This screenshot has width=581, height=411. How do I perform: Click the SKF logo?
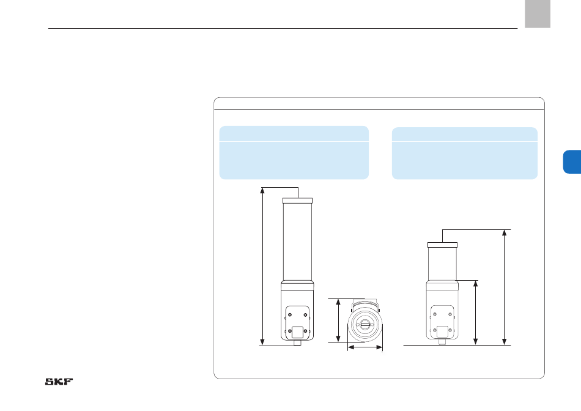coord(59,382)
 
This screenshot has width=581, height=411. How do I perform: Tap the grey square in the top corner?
coord(538,13)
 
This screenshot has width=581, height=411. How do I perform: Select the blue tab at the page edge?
coord(572,161)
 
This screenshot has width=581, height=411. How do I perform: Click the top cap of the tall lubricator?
coord(298,201)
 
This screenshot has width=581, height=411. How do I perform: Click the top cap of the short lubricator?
coord(442,245)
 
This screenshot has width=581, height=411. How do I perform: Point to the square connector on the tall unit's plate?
coord(297,332)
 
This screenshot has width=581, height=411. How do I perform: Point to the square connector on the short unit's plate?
coord(442,331)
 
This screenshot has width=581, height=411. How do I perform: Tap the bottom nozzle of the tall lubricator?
coord(297,343)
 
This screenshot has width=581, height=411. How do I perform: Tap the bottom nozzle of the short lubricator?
coord(442,342)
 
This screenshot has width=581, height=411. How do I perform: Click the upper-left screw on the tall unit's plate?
coord(290,315)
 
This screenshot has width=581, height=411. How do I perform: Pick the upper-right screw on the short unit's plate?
coord(450,314)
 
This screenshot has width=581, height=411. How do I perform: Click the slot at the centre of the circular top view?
coord(365,325)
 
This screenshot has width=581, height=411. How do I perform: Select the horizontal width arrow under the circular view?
coord(365,347)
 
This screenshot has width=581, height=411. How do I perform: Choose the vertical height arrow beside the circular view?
coord(338,320)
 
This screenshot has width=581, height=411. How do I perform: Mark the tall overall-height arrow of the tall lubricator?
coord(262,267)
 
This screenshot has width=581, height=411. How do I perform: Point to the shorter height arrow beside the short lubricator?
coord(476,313)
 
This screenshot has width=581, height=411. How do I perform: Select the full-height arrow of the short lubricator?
coord(505,287)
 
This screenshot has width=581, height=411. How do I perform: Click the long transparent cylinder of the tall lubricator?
coord(298,242)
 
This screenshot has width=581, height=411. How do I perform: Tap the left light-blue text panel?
coord(294,153)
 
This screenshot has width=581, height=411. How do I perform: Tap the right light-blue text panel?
coord(465,154)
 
